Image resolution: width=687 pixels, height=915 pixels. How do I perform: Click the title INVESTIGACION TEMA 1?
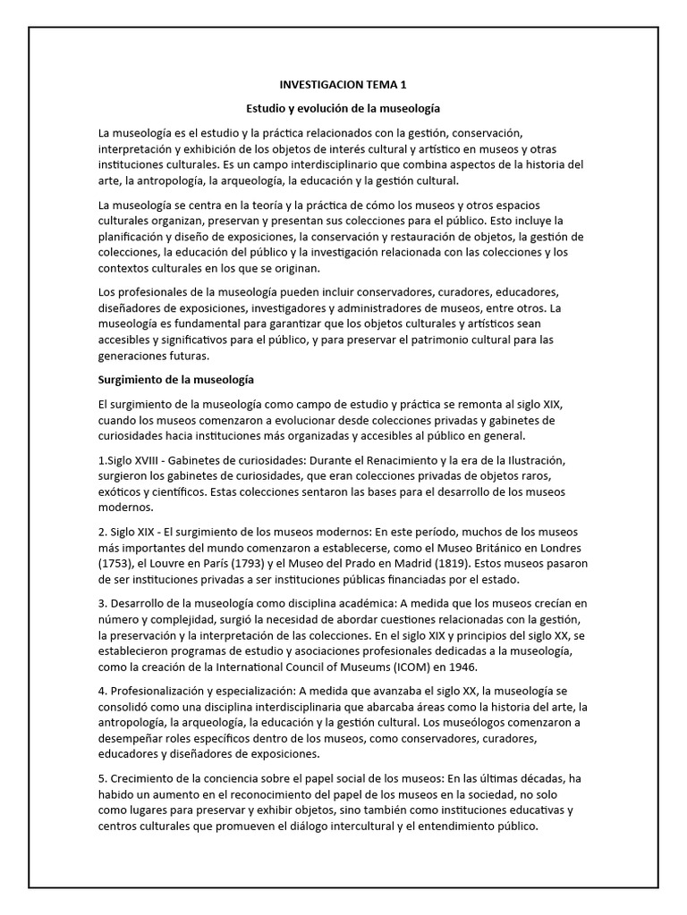point(343,85)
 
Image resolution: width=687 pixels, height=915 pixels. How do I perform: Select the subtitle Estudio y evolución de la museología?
point(343,108)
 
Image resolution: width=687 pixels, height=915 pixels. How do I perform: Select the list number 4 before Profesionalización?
point(101,692)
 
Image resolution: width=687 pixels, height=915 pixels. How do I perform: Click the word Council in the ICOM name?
point(300,666)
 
